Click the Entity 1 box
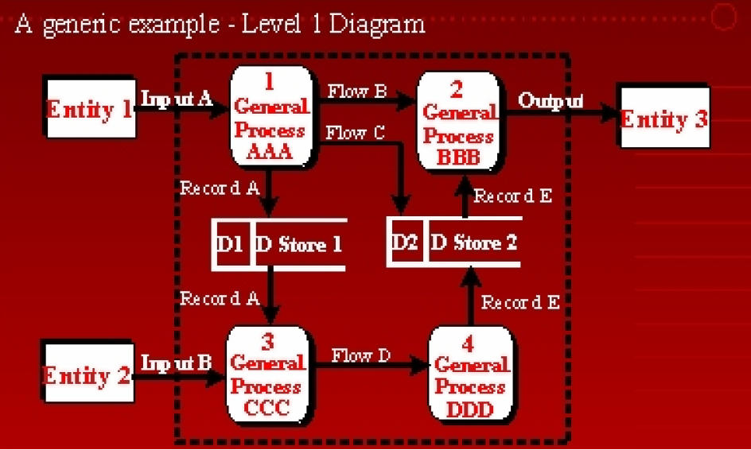pyautogui.click(x=89, y=109)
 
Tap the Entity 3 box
pyautogui.click(x=663, y=120)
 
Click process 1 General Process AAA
pyautogui.click(x=270, y=117)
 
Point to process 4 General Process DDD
pyautogui.click(x=471, y=376)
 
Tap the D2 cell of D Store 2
pyautogui.click(x=405, y=242)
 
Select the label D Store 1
pyautogui.click(x=298, y=244)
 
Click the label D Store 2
pyautogui.click(x=473, y=242)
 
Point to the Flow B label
pyautogui.click(x=357, y=91)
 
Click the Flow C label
pyautogui.click(x=355, y=133)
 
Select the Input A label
pyautogui.click(x=177, y=99)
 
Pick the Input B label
pyautogui.click(x=177, y=363)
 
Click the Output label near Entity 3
pyautogui.click(x=551, y=101)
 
